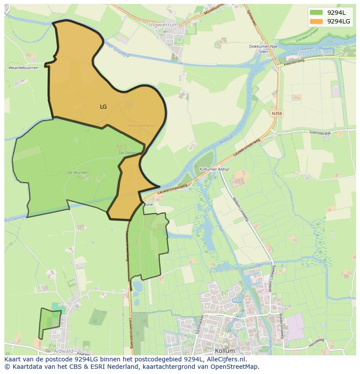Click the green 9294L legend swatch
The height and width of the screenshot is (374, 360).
pos(316,13)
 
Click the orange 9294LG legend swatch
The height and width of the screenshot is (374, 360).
pos(316,21)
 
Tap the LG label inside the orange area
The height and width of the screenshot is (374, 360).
pos(103,106)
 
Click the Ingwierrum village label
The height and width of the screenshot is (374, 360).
pos(163,25)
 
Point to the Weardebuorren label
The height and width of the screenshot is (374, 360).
pos(23,68)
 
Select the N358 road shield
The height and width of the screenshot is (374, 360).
pos(277,113)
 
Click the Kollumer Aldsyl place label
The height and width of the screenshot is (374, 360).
pos(214,169)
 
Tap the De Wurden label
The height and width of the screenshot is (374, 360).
pos(78,172)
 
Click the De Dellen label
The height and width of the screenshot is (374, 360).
pos(127,153)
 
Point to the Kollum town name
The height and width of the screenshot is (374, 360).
pos(225,351)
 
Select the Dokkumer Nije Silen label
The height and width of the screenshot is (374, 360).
pos(263,49)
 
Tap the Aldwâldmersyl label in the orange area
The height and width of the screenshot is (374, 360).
pos(141,126)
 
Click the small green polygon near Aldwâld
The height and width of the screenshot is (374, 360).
pos(49,323)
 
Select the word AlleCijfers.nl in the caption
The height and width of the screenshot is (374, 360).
pos(226,359)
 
